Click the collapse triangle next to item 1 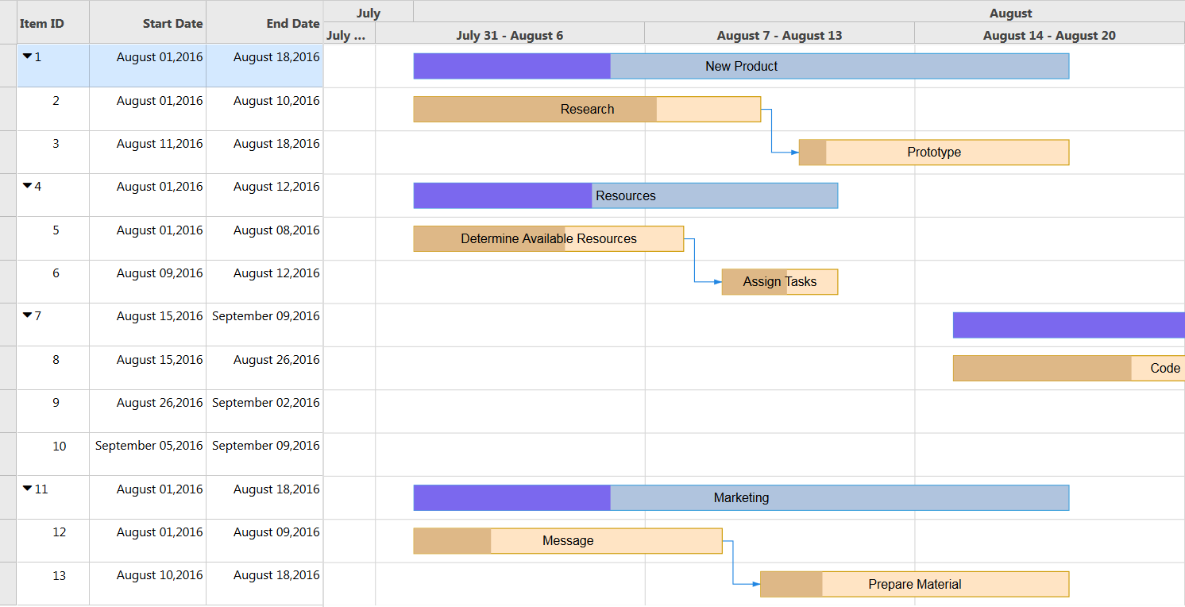(x=28, y=56)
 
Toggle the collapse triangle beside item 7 (x=28, y=315)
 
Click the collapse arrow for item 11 (x=28, y=488)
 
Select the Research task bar (x=587, y=109)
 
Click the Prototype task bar (x=934, y=153)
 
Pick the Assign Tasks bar (x=780, y=281)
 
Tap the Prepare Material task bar (x=915, y=584)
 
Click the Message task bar (x=568, y=541)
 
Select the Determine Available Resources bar (x=549, y=238)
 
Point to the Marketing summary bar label (x=741, y=497)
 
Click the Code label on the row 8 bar (x=1165, y=369)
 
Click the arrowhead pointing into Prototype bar (x=795, y=153)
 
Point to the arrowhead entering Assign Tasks (x=718, y=281)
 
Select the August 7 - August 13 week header (x=779, y=36)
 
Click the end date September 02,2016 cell (x=265, y=403)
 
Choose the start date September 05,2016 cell (x=149, y=446)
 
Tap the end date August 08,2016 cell (x=276, y=230)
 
